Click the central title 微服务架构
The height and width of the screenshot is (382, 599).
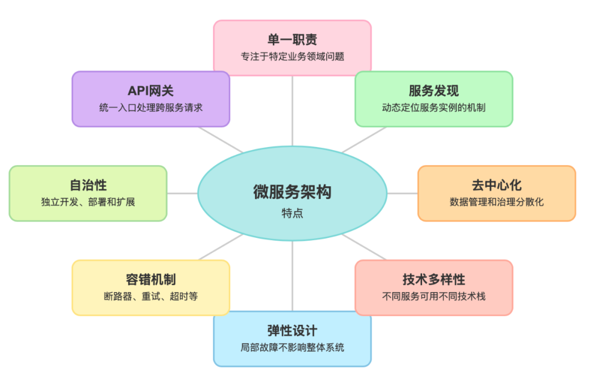pyautogui.click(x=292, y=192)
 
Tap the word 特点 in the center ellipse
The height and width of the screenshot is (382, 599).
pyautogui.click(x=292, y=213)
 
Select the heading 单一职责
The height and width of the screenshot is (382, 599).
pyautogui.click(x=292, y=40)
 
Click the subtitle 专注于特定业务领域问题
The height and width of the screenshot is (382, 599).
pyautogui.click(x=292, y=57)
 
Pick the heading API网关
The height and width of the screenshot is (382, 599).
pyautogui.click(x=151, y=91)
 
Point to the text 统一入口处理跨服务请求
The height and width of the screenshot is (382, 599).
pyautogui.click(x=151, y=108)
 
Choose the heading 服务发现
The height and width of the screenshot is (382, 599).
pyautogui.click(x=434, y=91)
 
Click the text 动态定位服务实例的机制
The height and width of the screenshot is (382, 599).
pyautogui.click(x=434, y=108)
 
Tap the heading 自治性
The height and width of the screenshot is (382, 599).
pyautogui.click(x=88, y=185)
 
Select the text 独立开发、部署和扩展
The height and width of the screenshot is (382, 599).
pyautogui.click(x=88, y=202)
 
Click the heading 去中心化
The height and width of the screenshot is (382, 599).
pyautogui.click(x=496, y=185)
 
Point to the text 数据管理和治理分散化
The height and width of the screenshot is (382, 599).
pyautogui.click(x=496, y=202)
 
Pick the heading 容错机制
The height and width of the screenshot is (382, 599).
pyautogui.click(x=151, y=279)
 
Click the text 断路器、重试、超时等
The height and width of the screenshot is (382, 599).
pyautogui.click(x=151, y=297)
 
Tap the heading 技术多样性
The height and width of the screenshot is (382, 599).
pyautogui.click(x=434, y=279)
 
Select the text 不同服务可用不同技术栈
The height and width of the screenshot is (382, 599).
pyautogui.click(x=434, y=297)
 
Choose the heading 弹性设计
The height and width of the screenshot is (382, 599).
pyautogui.click(x=292, y=331)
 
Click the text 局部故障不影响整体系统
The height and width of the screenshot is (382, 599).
pyautogui.click(x=292, y=348)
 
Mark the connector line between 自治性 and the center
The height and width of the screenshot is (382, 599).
pyautogui.click(x=182, y=193)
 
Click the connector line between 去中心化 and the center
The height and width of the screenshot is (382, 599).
pyautogui.click(x=402, y=193)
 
